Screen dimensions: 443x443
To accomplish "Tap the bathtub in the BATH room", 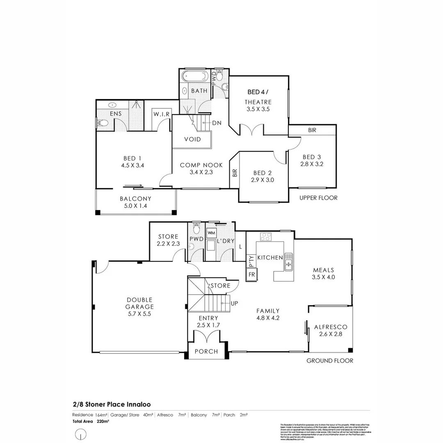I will [195, 76].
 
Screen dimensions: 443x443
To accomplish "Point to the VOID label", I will [192, 139].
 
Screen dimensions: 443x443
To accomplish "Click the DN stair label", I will [217, 123].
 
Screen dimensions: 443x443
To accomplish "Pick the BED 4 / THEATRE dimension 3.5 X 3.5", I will [258, 110].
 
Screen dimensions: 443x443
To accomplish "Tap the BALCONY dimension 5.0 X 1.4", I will [135, 206].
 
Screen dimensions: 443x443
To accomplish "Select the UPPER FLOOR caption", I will [318, 198].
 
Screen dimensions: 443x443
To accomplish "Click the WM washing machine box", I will [211, 233].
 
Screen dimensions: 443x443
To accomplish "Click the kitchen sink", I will [289, 262].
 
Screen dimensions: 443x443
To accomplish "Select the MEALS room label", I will [323, 270].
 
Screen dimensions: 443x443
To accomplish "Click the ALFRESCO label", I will [331, 327].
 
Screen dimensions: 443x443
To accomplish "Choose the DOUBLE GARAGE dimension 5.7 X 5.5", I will [140, 314].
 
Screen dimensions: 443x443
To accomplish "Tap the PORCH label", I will [206, 352].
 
